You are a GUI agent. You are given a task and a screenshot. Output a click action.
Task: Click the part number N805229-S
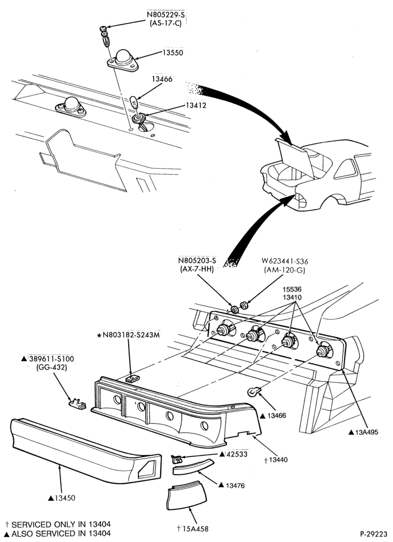[x=164, y=15]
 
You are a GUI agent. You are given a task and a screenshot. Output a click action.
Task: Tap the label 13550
[x=173, y=53]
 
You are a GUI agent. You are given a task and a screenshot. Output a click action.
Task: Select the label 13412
[x=196, y=106]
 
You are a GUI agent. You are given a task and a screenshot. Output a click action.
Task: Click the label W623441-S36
[x=285, y=261]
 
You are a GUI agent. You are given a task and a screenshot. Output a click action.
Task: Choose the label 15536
[x=291, y=289]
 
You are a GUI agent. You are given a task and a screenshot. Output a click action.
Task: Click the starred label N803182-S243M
[x=128, y=335]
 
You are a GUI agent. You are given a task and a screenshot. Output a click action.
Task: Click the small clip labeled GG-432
[x=77, y=404]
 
